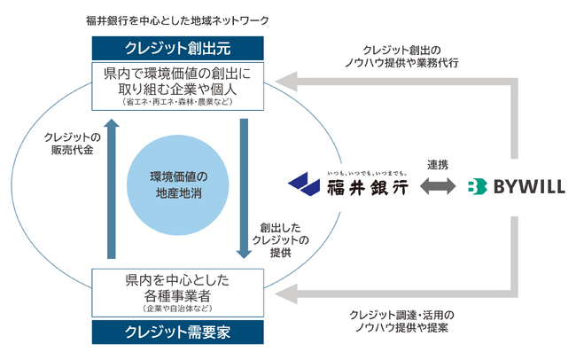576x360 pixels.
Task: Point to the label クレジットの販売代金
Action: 72,145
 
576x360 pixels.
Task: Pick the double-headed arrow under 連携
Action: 437,187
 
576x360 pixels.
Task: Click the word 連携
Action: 437,166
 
